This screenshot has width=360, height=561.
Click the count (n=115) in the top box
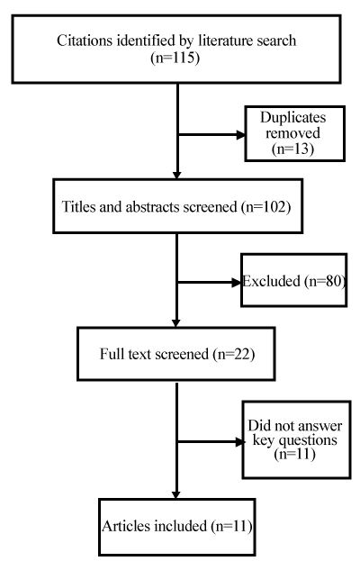click(x=175, y=58)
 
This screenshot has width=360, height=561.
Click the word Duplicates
click(x=292, y=117)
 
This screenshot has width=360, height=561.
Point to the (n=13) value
click(x=292, y=149)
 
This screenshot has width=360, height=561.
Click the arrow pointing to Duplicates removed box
click(x=211, y=135)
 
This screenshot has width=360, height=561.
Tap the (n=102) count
click(x=266, y=207)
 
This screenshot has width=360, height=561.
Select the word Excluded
click(x=271, y=281)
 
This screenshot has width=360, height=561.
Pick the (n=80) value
click(x=325, y=281)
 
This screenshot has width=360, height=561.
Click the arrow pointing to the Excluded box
click(x=210, y=282)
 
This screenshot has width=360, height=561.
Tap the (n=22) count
click(x=234, y=354)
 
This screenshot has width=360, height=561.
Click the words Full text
click(x=125, y=354)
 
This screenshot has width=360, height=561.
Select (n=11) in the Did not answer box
click(x=295, y=454)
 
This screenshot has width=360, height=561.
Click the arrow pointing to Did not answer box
click(x=211, y=442)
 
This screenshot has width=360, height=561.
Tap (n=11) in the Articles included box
click(x=231, y=526)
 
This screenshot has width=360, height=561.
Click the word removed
click(x=292, y=133)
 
